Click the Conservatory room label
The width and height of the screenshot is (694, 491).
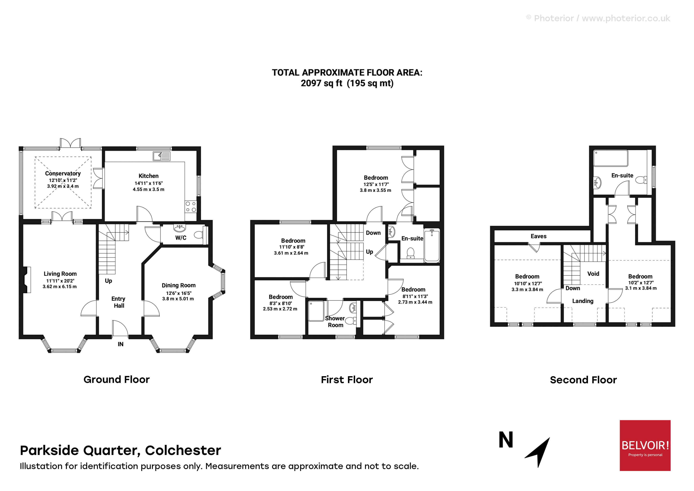point(63,174)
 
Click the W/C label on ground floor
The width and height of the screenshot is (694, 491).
point(181,238)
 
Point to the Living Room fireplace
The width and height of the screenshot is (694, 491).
point(27,280)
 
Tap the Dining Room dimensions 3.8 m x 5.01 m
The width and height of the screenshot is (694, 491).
point(178,299)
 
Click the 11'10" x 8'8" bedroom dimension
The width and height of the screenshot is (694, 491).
point(291,247)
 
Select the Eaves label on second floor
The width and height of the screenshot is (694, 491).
point(538,236)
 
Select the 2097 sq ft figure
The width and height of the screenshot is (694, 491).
point(321,83)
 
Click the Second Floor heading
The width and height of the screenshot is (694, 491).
point(583,380)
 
